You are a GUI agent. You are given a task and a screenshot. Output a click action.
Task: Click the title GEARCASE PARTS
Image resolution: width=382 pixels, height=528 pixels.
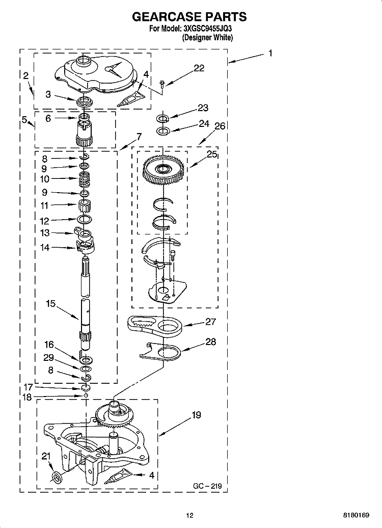[x=189, y=16]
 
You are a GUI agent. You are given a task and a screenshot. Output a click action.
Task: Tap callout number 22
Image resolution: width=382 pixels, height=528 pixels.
[x=199, y=68]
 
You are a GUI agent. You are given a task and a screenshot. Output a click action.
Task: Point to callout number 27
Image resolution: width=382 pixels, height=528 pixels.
[x=210, y=322]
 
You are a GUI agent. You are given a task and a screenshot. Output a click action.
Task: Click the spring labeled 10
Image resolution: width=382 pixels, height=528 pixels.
[x=85, y=178]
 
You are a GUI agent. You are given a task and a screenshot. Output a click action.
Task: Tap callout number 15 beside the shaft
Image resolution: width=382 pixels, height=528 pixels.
[x=50, y=303]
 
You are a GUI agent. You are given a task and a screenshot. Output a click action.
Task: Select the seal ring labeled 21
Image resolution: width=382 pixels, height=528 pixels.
[x=58, y=477]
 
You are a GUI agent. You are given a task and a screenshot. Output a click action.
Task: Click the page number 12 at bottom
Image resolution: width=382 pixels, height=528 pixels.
[x=190, y=515]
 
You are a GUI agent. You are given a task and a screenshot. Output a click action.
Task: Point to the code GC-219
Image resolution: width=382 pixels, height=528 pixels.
[x=207, y=486]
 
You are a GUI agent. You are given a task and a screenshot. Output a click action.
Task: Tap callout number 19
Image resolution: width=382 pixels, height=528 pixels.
[x=196, y=415]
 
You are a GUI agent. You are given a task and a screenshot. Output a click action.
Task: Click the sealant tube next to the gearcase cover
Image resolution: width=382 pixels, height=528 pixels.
[x=129, y=99]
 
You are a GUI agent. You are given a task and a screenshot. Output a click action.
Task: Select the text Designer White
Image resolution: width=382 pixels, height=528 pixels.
[x=207, y=38]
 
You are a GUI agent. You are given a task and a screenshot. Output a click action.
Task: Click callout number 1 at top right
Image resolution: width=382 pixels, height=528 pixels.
[x=270, y=53]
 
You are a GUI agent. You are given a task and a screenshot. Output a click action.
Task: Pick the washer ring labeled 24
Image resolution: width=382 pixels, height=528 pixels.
[x=162, y=130]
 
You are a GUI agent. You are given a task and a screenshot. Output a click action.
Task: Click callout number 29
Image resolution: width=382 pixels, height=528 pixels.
[x=48, y=358]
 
